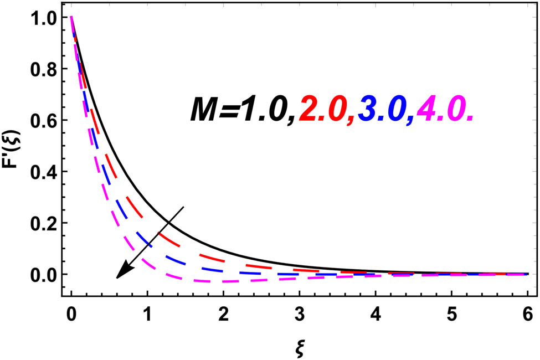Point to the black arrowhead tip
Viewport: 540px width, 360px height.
tap(117, 277)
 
